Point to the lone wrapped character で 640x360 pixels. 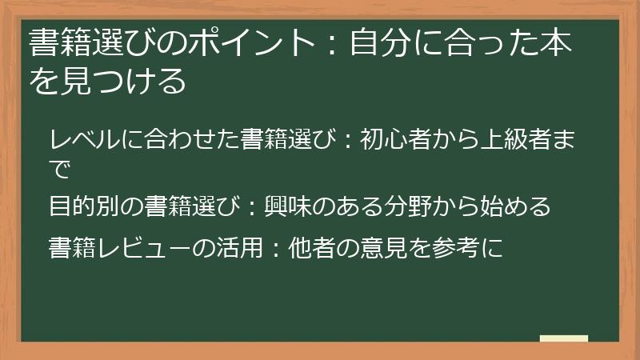[x=60, y=168]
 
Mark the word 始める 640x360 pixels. [x=524, y=206]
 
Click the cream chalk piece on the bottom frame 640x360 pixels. [x=564, y=339]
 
